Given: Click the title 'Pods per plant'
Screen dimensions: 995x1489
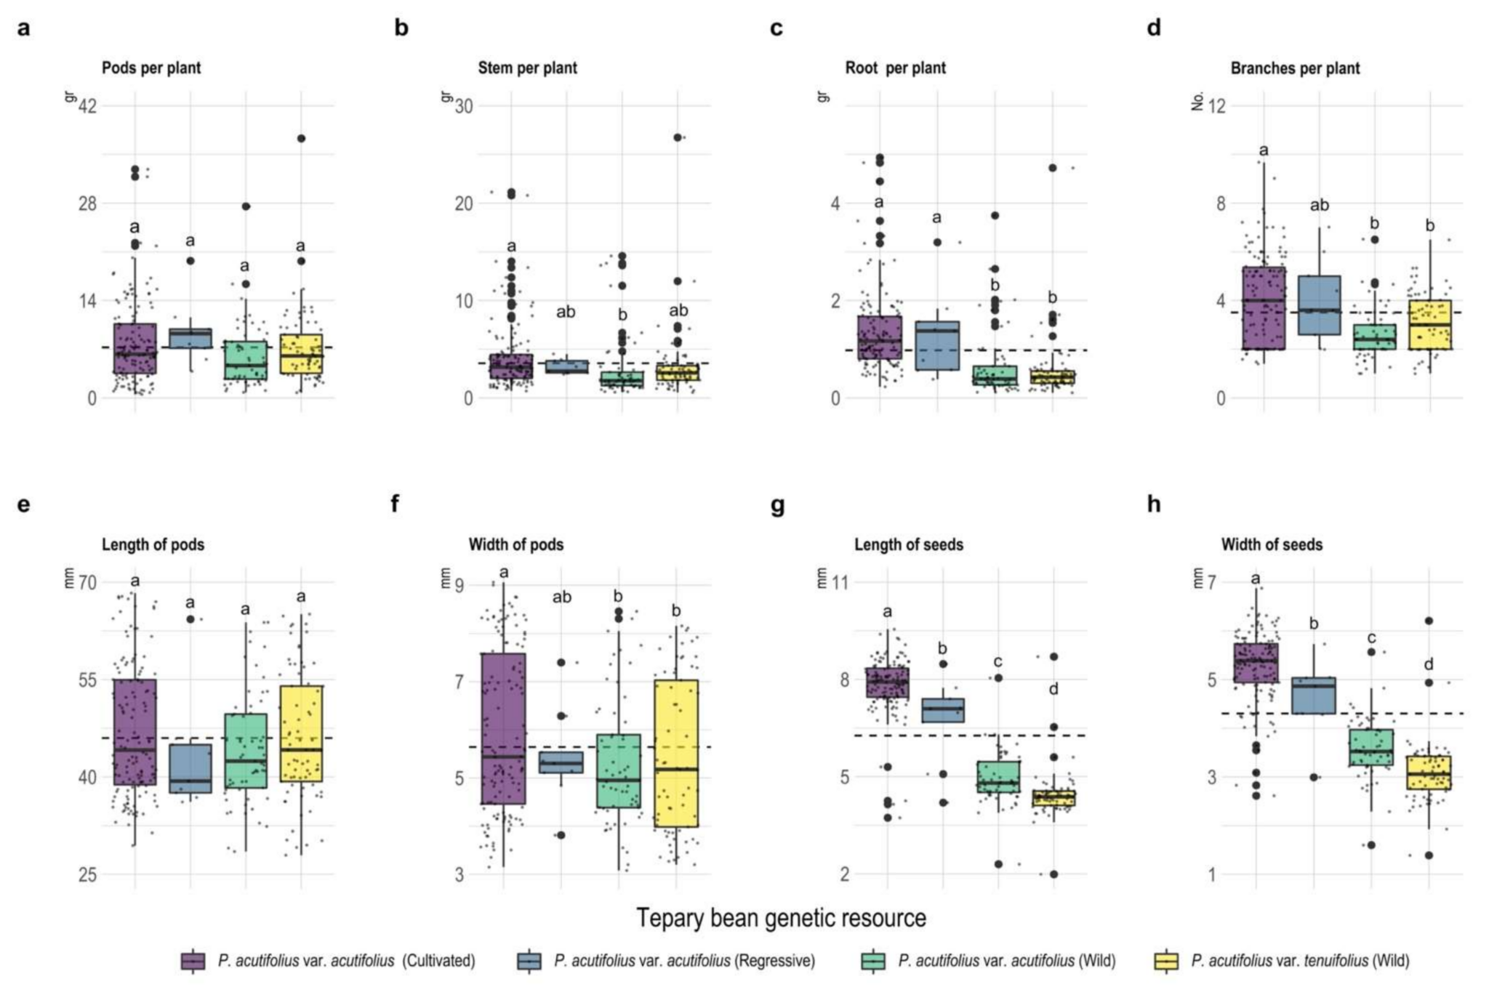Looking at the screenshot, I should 151,68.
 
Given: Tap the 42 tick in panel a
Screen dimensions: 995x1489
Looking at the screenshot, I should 87,106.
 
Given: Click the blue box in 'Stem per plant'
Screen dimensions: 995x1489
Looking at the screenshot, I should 567,366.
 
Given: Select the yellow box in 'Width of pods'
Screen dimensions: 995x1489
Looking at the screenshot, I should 676,753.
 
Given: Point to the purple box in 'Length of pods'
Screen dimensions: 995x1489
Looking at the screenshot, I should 135,732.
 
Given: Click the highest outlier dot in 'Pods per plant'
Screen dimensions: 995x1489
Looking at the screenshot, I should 301,138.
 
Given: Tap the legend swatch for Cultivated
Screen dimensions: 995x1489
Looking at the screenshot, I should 193,960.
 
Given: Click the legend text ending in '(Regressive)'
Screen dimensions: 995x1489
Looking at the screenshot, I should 684,960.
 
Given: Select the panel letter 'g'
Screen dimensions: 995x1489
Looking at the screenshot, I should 777,504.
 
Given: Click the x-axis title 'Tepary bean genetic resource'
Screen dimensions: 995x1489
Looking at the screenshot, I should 781,918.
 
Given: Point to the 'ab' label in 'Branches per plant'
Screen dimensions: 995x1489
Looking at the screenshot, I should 1319,206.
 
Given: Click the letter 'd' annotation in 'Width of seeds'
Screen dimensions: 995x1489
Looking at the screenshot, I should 1428,664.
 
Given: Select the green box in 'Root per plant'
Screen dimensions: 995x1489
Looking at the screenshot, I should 995,375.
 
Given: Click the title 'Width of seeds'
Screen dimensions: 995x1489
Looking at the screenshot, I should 1272,544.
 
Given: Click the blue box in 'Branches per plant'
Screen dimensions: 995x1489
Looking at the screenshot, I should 1319,305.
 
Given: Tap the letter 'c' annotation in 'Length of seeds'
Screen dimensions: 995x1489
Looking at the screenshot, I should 998,661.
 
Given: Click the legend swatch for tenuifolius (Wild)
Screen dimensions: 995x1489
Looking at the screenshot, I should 1166,960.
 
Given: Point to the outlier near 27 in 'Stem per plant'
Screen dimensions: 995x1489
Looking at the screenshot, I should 678,137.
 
